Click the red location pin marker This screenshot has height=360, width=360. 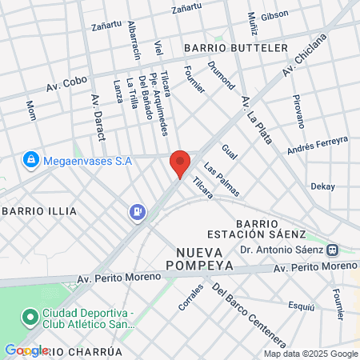[x=180, y=162]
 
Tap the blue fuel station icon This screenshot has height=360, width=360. [x=138, y=212]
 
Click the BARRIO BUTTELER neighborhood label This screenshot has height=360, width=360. [x=235, y=48]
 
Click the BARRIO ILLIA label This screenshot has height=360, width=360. [x=40, y=211]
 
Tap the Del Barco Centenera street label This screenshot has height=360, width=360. [x=249, y=311]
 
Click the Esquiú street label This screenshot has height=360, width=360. [x=301, y=306]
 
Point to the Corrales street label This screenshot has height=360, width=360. [x=192, y=298]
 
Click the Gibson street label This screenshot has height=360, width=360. [x=274, y=15]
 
